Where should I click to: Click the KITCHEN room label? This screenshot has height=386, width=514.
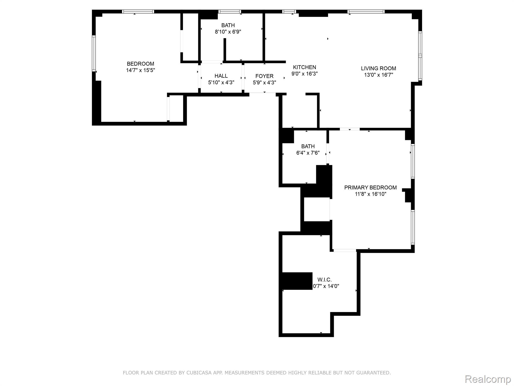pyautogui.click(x=304, y=67)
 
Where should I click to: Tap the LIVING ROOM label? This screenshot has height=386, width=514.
pyautogui.click(x=378, y=68)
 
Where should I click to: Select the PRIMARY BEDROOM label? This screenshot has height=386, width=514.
pyautogui.click(x=370, y=187)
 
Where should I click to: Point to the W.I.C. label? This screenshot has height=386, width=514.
pyautogui.click(x=325, y=280)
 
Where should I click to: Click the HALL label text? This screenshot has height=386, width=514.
pyautogui.click(x=221, y=76)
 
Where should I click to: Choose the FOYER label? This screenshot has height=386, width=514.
pyautogui.click(x=264, y=76)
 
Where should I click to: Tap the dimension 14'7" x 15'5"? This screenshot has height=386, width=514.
pyautogui.click(x=141, y=70)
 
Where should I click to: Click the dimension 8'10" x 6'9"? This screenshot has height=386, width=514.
pyautogui.click(x=228, y=32)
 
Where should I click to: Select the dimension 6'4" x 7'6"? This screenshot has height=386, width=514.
pyautogui.click(x=308, y=153)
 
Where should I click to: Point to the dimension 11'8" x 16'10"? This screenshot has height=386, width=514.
pyautogui.click(x=370, y=194)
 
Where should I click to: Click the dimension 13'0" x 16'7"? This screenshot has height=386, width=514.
pyautogui.click(x=378, y=75)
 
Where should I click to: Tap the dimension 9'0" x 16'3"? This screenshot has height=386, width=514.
pyautogui.click(x=304, y=74)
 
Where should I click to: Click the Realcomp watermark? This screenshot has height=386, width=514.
pyautogui.click(x=488, y=379)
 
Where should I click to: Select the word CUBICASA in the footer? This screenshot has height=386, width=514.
pyautogui.click(x=198, y=373)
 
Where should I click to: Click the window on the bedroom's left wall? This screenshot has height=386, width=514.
pyautogui.click(x=94, y=53)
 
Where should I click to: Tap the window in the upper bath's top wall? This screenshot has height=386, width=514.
pyautogui.click(x=230, y=12)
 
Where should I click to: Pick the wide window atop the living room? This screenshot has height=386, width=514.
pyautogui.click(x=366, y=12)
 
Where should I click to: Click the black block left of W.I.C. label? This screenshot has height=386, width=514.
pyautogui.click(x=297, y=281)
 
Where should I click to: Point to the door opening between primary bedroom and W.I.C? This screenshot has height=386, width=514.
pyautogui.click(x=345, y=250)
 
